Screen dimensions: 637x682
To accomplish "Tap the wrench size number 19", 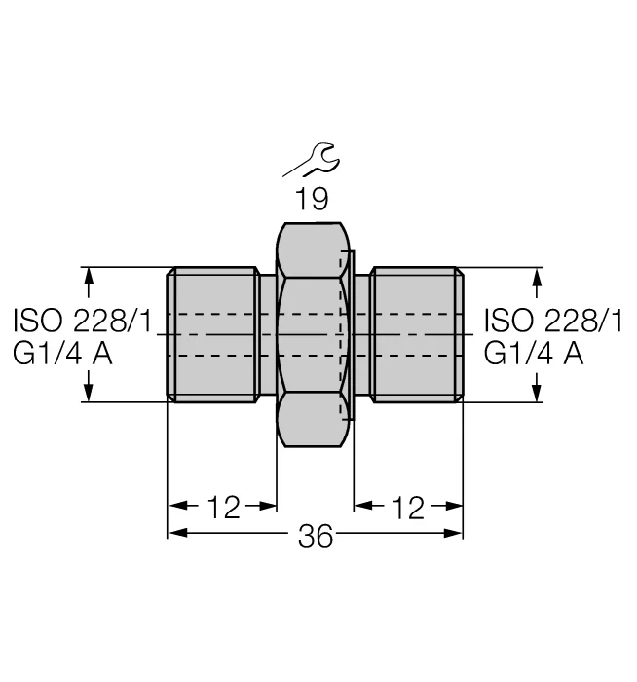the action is click(312, 199).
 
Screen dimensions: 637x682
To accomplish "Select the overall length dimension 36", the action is click(316, 536).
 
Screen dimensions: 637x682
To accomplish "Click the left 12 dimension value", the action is click(223, 508).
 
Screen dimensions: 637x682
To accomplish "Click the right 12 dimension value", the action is click(407, 508).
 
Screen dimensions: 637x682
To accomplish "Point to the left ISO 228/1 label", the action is click(83, 321).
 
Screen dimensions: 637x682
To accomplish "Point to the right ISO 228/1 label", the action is click(553, 321).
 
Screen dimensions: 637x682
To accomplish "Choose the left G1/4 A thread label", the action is click(62, 354).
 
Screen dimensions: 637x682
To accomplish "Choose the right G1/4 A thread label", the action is click(534, 354).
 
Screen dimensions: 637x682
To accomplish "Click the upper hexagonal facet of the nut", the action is click(313, 249).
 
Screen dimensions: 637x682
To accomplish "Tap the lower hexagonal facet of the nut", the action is click(313, 419).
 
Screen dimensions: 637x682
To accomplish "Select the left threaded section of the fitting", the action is click(213, 334).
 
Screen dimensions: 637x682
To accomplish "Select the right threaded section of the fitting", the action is click(417, 334).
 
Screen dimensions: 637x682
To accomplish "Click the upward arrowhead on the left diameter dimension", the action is click(89, 276).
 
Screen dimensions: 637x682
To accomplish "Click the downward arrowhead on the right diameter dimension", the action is click(538, 394).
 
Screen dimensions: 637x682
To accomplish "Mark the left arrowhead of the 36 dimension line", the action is click(177, 533).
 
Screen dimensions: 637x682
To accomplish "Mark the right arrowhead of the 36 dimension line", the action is click(453, 533).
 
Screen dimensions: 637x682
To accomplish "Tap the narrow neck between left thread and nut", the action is click(268, 334).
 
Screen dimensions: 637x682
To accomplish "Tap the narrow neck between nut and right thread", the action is click(362, 334).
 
